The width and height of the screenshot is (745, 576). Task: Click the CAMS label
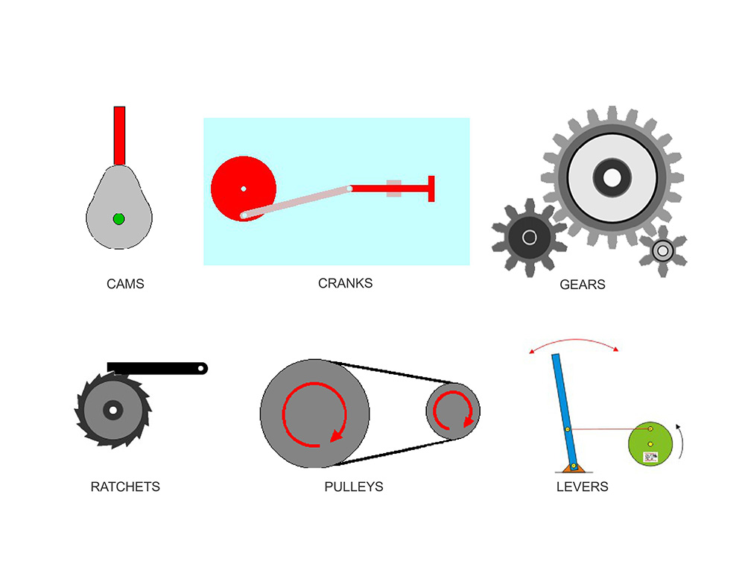coord(125,284)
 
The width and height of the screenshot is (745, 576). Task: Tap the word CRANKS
coord(345,283)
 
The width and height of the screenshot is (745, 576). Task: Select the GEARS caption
coord(583,285)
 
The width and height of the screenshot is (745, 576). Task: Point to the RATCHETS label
coord(125,487)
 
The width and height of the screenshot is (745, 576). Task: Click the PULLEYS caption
coord(354,487)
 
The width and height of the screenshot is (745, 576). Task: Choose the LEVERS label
coord(583,487)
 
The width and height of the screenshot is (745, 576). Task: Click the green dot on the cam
coord(118,218)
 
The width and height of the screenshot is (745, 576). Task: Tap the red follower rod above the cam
coord(119,134)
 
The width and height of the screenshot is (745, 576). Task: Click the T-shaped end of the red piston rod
coord(431,188)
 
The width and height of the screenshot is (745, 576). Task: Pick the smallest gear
coord(662,251)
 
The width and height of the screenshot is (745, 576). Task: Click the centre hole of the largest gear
coord(612,177)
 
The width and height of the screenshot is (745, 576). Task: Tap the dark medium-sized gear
coord(529,238)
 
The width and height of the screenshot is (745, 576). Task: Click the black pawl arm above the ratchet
coord(156,367)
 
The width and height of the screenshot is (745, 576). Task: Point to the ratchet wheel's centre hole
coord(112,410)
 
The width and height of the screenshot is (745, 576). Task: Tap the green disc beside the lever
coord(650,445)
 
